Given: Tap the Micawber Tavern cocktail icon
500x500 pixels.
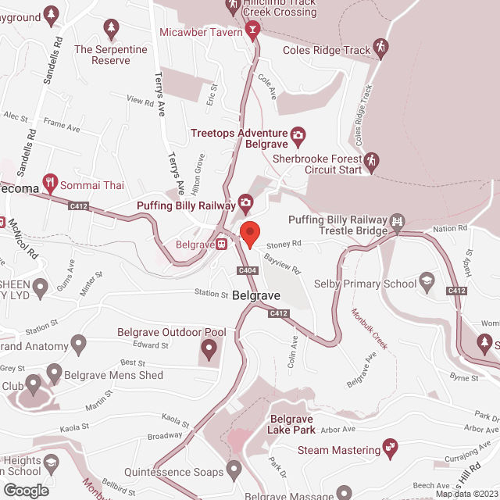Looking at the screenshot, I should coord(252,32).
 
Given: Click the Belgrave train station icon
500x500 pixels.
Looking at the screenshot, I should coord(222,245).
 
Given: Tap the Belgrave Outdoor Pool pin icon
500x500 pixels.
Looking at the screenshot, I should coord(209,348).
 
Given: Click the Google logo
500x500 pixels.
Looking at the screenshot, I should coord(26,490).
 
